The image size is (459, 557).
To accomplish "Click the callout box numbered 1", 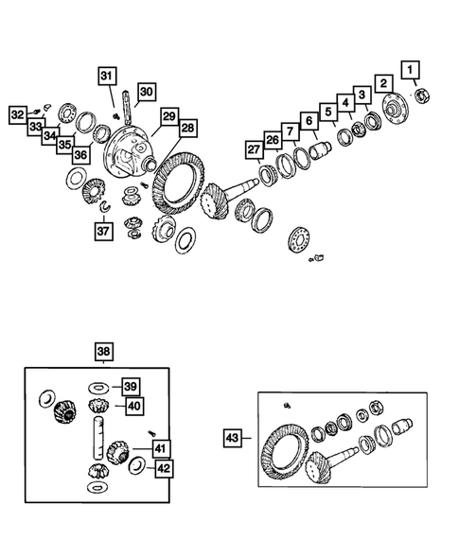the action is tap(411, 70).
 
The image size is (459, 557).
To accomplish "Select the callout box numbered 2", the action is tap(383, 84).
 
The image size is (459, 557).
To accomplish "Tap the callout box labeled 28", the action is tap(187, 129).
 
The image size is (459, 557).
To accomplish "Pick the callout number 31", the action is tap(107, 76).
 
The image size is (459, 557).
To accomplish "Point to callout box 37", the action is tap(103, 232).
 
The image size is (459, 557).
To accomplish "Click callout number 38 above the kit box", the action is tap(103, 352).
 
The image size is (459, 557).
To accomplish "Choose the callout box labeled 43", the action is tap(233, 438).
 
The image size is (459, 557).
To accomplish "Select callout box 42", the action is tap(164, 469).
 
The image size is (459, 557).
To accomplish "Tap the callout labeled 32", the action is tap(18, 115).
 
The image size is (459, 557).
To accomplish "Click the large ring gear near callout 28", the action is tap(178, 184).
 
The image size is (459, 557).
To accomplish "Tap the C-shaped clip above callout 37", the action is tap(105, 207).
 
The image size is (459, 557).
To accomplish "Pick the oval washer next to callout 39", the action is tap(98, 387).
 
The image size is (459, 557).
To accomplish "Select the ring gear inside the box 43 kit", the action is tap(286, 452).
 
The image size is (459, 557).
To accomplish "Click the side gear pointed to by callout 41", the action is tap(117, 452).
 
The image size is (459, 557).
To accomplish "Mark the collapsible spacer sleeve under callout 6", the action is tap(320, 150).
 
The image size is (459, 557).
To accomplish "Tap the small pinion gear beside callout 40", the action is tap(98, 406).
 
